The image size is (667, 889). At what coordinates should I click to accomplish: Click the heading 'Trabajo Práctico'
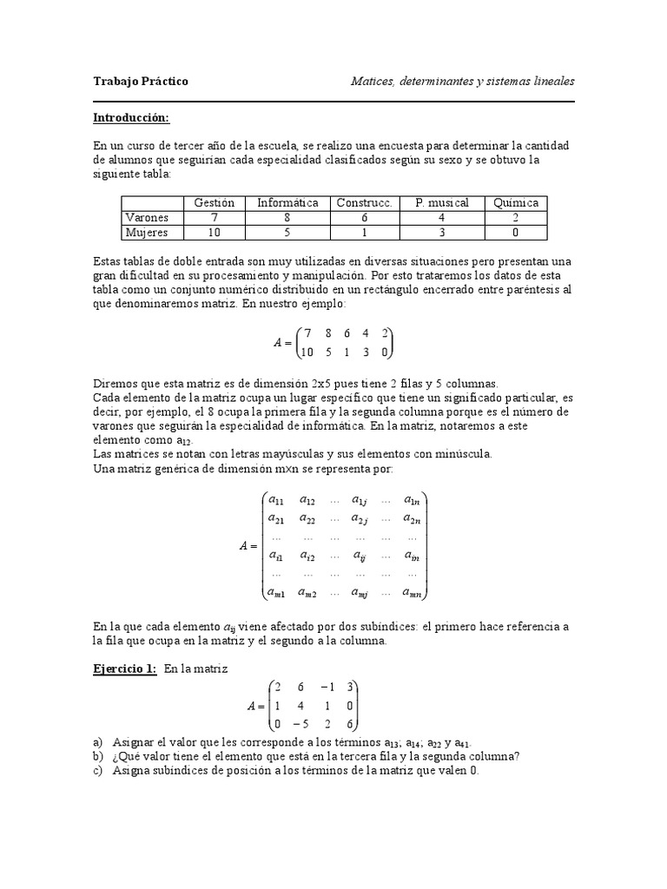141,82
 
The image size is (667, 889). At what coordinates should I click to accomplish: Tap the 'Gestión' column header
215,202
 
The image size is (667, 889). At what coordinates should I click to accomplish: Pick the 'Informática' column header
287,202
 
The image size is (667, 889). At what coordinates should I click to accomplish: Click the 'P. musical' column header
442,202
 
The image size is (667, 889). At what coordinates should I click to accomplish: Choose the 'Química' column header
516,202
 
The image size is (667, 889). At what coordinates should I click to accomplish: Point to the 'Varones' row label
147,217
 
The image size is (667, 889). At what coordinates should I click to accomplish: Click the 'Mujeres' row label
147,232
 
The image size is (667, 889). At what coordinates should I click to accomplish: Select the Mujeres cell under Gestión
215,232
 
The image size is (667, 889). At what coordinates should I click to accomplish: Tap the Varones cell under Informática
287,217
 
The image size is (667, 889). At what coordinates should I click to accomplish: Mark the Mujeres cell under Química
516,232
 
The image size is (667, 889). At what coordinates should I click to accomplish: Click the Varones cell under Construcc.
365,217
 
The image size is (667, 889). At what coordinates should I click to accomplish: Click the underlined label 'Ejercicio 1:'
125,668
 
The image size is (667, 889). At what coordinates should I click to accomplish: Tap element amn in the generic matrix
413,593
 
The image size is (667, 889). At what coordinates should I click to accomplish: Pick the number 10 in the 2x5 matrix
306,352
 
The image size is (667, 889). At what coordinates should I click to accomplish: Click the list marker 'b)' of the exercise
97,755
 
